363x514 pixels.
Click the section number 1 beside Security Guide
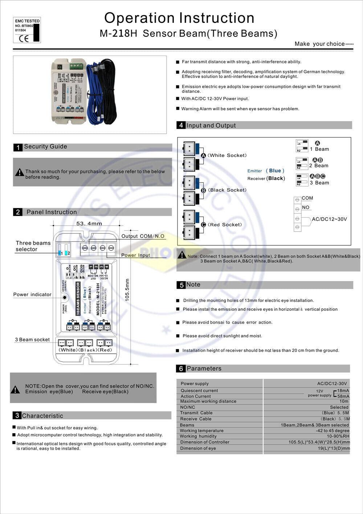(18, 147)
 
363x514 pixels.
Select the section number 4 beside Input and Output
(181, 125)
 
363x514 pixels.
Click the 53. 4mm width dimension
(89, 224)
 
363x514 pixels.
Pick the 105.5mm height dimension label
(127, 290)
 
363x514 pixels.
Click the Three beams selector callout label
(33, 246)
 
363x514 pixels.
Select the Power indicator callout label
(32, 294)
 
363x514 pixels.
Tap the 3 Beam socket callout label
(32, 340)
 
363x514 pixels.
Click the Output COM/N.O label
(143, 236)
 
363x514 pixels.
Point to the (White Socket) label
(227, 156)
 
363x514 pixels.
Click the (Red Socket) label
(225, 225)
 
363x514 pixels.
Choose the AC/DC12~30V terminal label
(329, 219)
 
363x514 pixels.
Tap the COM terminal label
(307, 198)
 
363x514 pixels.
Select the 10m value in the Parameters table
(344, 401)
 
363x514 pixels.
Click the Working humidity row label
(198, 436)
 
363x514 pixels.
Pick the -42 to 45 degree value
(332, 431)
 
